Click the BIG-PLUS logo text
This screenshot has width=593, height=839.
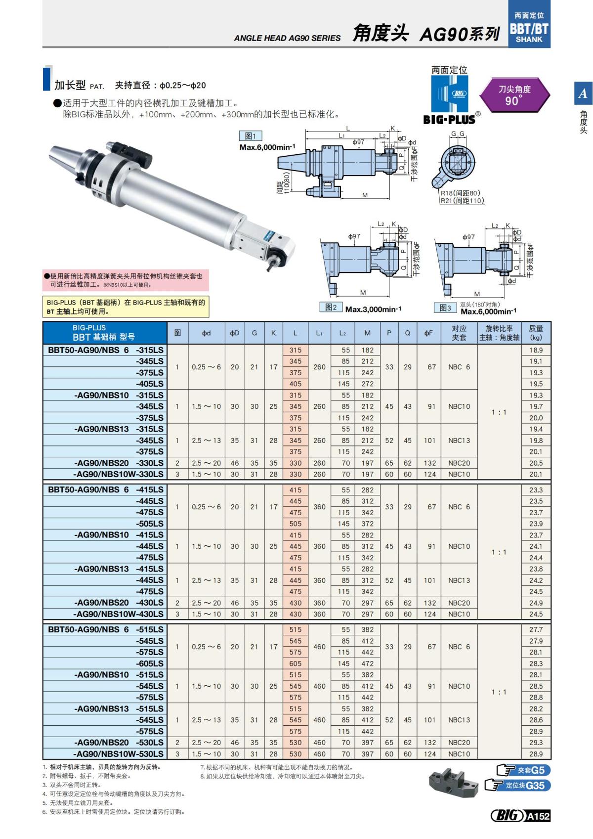click(x=449, y=119)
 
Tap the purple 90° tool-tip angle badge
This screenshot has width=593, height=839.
click(x=514, y=95)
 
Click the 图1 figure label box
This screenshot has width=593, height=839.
click(x=251, y=136)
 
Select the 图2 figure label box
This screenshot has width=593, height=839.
click(x=331, y=308)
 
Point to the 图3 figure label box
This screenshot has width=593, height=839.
click(x=446, y=308)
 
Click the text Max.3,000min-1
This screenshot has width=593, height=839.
click(x=373, y=309)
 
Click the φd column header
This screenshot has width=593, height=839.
click(x=206, y=333)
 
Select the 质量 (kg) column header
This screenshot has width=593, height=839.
click(x=536, y=333)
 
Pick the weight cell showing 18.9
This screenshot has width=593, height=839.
click(x=536, y=350)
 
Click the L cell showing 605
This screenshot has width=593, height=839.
click(x=296, y=663)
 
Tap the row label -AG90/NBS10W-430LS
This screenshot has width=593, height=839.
click(x=118, y=614)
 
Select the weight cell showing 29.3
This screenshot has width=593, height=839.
click(x=536, y=743)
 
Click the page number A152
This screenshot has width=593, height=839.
click(x=538, y=816)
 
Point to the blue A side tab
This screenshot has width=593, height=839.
click(x=583, y=93)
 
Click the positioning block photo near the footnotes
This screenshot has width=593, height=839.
click(x=453, y=782)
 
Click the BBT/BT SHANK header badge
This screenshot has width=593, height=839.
click(x=529, y=24)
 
